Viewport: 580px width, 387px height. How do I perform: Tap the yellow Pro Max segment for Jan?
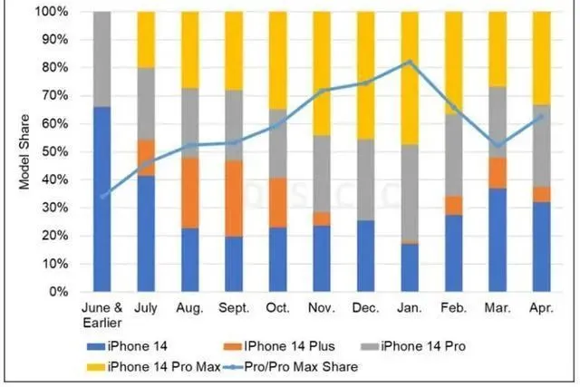pos(410,78)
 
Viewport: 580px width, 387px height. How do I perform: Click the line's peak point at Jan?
pos(410,62)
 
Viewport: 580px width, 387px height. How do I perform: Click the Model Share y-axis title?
pos(24,152)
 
